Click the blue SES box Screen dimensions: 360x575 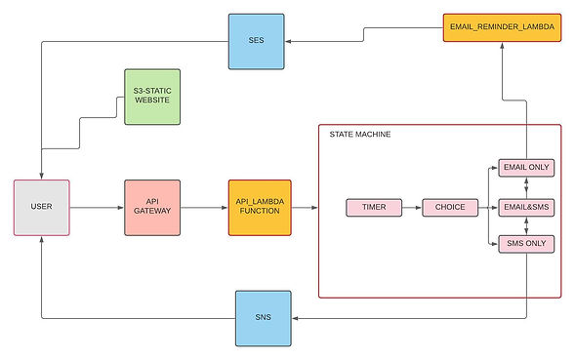pos(257,41)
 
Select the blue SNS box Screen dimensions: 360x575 pos(264,318)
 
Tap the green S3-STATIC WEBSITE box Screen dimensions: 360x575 pos(152,96)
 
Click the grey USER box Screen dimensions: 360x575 pos(42,207)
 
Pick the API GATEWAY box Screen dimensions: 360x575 pos(152,207)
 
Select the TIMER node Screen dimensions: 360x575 pos(373,208)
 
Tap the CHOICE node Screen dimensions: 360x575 pos(450,208)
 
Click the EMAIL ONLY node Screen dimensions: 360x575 pos(525,167)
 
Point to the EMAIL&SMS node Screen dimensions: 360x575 pos(525,208)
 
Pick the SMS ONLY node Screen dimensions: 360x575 pos(525,242)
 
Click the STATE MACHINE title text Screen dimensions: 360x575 pos(359,135)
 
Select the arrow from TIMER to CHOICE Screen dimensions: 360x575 pos(411,208)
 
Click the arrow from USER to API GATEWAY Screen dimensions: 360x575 pos(98,207)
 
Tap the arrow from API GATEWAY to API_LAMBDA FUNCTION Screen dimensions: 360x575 pos(204,207)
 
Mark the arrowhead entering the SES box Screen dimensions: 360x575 pos(291,41)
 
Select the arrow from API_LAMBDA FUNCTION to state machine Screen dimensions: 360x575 pos(304,207)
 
